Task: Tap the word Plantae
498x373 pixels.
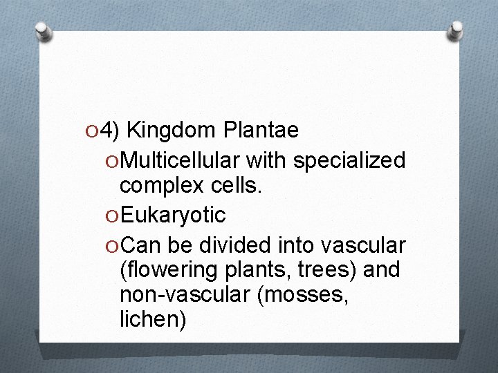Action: pyautogui.click(x=261, y=130)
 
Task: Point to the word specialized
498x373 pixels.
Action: pyautogui.click(x=349, y=160)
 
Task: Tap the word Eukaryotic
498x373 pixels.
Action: pyautogui.click(x=173, y=215)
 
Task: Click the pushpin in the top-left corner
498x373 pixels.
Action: pyautogui.click(x=44, y=31)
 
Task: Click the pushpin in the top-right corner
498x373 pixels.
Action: pyautogui.click(x=456, y=30)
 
